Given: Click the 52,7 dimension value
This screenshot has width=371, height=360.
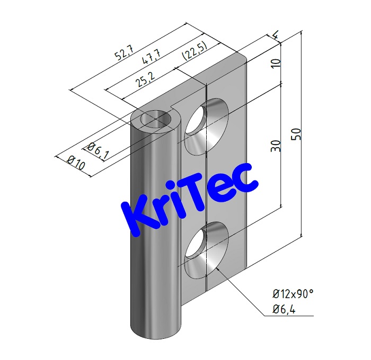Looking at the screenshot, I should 126,53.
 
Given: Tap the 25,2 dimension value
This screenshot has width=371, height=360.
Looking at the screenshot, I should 142,81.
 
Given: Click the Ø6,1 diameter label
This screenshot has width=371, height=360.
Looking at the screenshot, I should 99,150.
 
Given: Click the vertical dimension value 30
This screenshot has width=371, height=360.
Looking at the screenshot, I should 275,146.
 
